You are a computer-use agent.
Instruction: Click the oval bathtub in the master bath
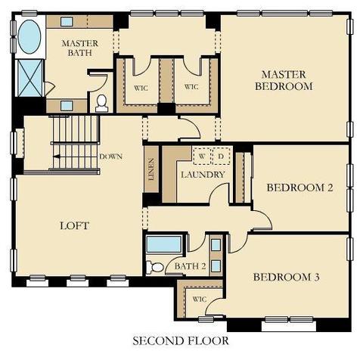(x=29, y=37)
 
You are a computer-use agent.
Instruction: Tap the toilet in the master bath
(x=102, y=104)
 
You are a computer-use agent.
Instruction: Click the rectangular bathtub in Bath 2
(x=164, y=244)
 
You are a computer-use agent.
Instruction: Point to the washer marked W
(x=202, y=157)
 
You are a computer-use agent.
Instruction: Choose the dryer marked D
(x=221, y=157)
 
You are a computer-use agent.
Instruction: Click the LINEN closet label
(x=151, y=169)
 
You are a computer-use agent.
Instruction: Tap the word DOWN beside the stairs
(x=110, y=157)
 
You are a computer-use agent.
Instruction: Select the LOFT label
(x=75, y=225)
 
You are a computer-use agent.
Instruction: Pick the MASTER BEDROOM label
(x=284, y=80)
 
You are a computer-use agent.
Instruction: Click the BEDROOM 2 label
(x=299, y=188)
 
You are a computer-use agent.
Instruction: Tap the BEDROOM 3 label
(x=287, y=277)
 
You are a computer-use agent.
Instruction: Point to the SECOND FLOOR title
(x=181, y=341)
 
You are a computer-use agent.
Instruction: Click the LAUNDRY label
(x=203, y=175)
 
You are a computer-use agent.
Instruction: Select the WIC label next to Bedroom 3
(x=200, y=299)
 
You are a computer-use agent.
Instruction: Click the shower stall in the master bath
(x=29, y=78)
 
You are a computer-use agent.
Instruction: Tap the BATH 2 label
(x=190, y=266)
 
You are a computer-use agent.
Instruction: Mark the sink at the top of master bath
(x=67, y=22)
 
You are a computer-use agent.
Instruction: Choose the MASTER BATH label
(x=80, y=48)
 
